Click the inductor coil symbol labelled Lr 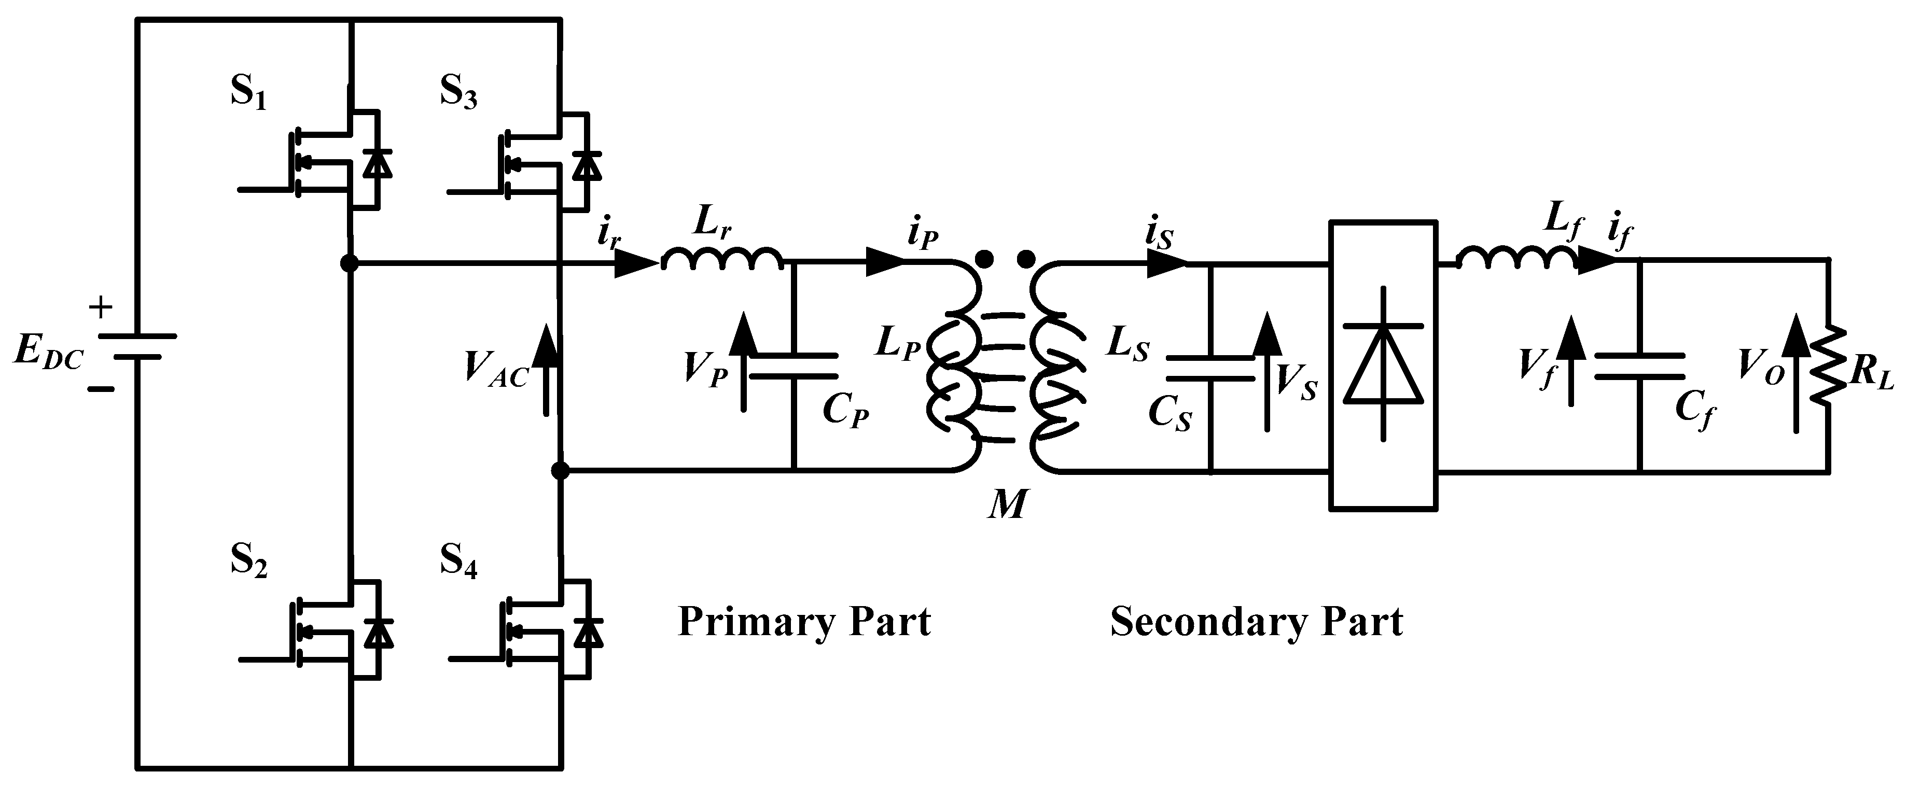[x=722, y=259]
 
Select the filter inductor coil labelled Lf [x=1517, y=259]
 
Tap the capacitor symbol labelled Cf [x=1640, y=366]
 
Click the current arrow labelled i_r [x=635, y=263]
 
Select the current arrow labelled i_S [x=1166, y=263]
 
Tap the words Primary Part [x=804, y=622]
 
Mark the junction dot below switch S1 [x=350, y=263]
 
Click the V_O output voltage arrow [x=1795, y=381]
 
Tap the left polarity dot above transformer [x=984, y=258]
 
